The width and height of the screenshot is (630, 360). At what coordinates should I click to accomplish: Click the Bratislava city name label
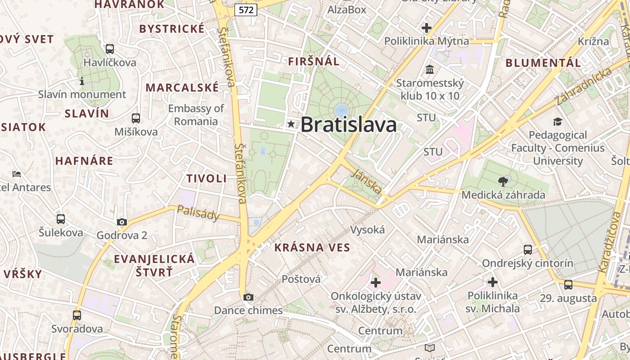click(349, 125)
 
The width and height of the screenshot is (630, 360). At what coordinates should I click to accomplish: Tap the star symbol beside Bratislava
click(291, 124)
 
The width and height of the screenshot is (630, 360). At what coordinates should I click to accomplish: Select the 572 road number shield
click(246, 10)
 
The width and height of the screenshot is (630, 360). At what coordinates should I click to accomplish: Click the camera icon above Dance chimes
click(248, 297)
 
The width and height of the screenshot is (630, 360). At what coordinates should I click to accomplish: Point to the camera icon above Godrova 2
click(122, 221)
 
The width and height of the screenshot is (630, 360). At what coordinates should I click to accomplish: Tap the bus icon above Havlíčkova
click(109, 49)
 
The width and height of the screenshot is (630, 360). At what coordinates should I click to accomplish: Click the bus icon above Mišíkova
click(135, 118)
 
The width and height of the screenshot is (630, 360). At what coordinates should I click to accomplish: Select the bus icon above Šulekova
click(61, 219)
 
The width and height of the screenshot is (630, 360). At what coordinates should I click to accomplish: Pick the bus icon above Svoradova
click(77, 315)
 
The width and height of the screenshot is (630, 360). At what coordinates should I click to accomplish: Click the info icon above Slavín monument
click(82, 81)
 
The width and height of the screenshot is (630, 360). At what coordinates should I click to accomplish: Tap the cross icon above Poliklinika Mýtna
click(426, 28)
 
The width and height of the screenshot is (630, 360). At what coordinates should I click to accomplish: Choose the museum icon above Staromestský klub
click(430, 70)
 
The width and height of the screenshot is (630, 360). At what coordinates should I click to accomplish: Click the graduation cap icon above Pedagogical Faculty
click(558, 121)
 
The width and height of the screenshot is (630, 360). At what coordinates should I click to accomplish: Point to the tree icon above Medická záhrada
click(503, 182)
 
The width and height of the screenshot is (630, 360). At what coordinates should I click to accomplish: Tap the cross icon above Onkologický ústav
click(376, 283)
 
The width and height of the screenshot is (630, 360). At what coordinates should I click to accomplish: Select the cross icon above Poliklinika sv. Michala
click(493, 282)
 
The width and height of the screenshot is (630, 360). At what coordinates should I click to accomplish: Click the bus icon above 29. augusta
click(568, 284)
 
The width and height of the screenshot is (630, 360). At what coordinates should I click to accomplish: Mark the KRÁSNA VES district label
click(312, 247)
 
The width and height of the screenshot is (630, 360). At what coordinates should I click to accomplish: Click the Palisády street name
click(198, 213)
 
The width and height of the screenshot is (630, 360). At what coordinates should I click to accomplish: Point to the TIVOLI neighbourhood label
click(207, 178)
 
